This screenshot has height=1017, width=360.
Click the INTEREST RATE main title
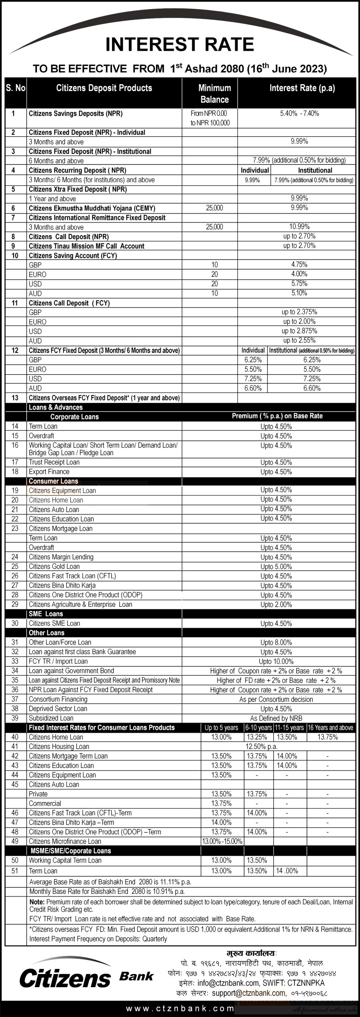click(x=180, y=44)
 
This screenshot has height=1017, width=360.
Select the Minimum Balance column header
click(x=215, y=94)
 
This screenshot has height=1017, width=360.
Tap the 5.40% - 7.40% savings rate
click(x=299, y=114)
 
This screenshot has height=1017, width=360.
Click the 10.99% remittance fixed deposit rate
click(x=299, y=227)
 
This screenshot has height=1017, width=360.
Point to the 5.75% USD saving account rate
click(x=299, y=284)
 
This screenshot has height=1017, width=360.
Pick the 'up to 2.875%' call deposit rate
click(x=299, y=331)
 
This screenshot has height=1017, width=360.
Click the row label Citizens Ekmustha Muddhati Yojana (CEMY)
click(x=92, y=208)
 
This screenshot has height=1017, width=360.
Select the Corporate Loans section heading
click(x=74, y=417)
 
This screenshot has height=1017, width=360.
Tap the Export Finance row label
click(x=49, y=472)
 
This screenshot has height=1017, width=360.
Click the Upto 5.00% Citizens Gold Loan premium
click(x=276, y=567)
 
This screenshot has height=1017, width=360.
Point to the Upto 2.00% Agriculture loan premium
click(x=276, y=605)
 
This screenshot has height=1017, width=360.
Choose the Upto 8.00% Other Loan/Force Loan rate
click(x=276, y=642)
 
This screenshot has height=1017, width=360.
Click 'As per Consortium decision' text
click(x=276, y=699)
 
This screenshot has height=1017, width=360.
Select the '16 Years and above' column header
click(x=331, y=728)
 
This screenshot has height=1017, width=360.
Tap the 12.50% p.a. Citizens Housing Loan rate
click(x=261, y=746)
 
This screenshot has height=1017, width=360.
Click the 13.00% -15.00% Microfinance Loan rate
click(x=222, y=841)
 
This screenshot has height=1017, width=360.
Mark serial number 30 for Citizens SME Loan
click(x=15, y=623)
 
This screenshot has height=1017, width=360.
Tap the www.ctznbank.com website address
click(x=180, y=1007)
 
